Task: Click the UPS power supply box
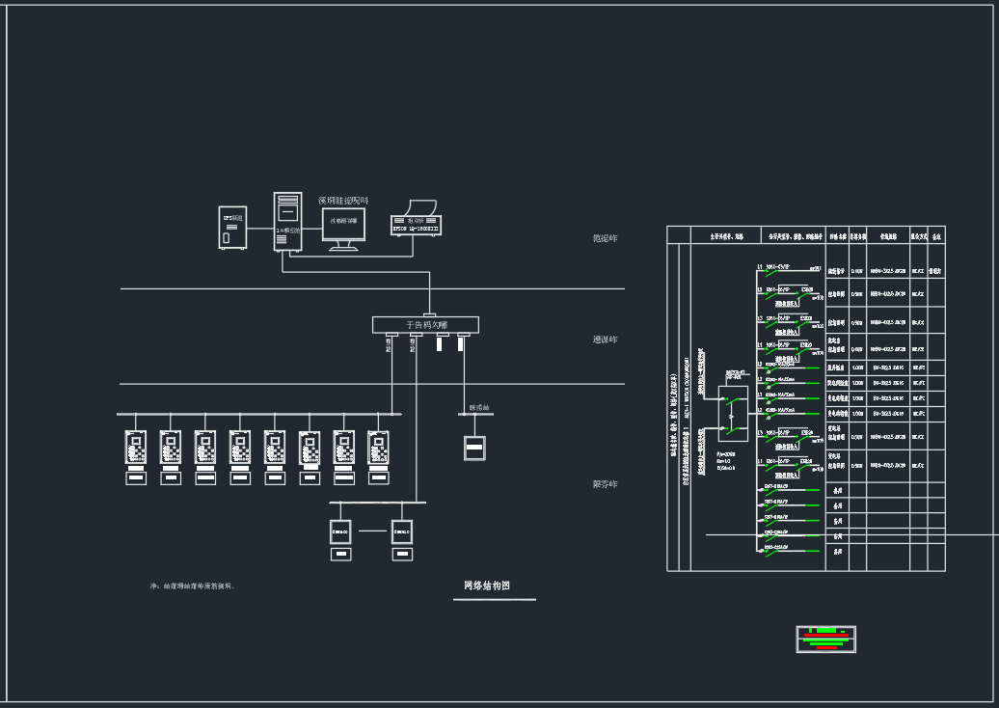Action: [232, 228]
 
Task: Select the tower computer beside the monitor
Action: [287, 222]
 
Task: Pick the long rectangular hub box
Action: [425, 325]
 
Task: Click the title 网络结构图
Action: [486, 585]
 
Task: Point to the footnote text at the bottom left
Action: [193, 585]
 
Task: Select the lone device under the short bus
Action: [474, 448]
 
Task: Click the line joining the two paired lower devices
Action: [371, 531]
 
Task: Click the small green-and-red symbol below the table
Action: [825, 638]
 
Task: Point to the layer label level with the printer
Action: [605, 238]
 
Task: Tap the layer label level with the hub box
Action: [605, 340]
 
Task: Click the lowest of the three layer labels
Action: [605, 484]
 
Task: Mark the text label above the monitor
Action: [343, 201]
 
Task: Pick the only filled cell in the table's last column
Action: [935, 272]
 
